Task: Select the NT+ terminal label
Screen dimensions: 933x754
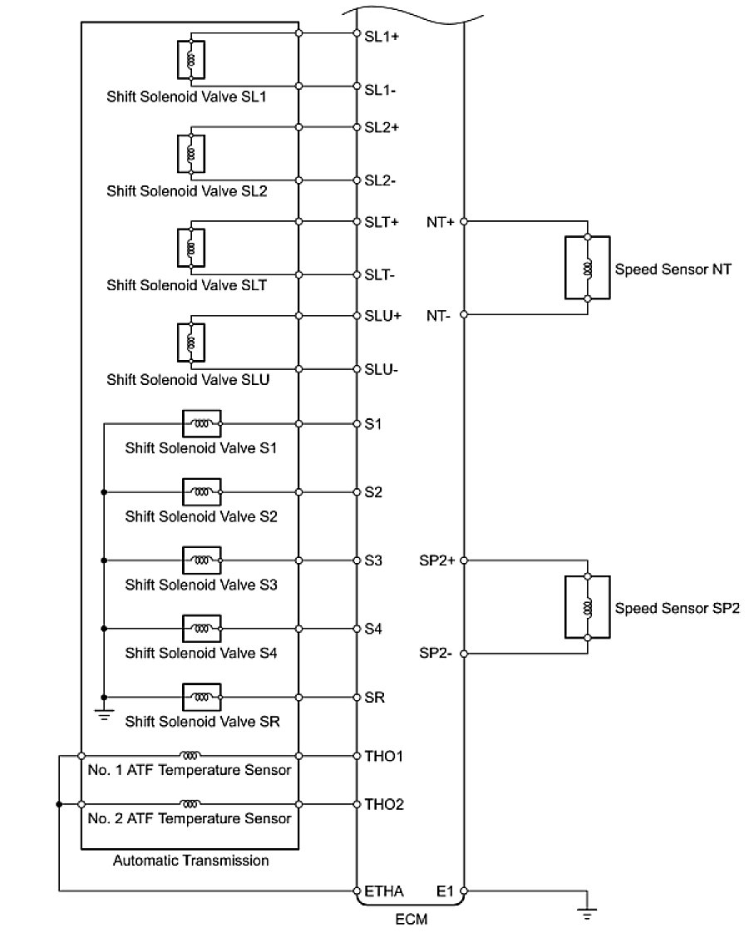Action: (x=441, y=222)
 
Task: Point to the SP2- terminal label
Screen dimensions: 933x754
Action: (x=436, y=654)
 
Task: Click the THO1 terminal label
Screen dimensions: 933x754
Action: (x=383, y=756)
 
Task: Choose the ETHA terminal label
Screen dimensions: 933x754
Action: (x=384, y=891)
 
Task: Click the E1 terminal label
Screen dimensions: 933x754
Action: (x=445, y=891)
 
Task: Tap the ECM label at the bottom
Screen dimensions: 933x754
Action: (x=411, y=920)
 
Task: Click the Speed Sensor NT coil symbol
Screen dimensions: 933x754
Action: (x=588, y=268)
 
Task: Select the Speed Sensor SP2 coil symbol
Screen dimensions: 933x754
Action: (x=588, y=607)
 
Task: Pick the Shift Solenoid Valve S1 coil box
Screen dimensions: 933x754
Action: (x=202, y=423)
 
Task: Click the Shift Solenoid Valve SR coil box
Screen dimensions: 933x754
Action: (x=202, y=696)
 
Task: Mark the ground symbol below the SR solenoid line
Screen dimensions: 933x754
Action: (x=103, y=713)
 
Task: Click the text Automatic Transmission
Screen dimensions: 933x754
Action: (x=191, y=861)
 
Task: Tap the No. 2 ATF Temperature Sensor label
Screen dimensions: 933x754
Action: (x=189, y=819)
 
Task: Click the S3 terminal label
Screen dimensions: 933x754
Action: (x=373, y=560)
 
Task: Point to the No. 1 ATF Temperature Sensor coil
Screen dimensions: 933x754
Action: (x=190, y=756)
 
